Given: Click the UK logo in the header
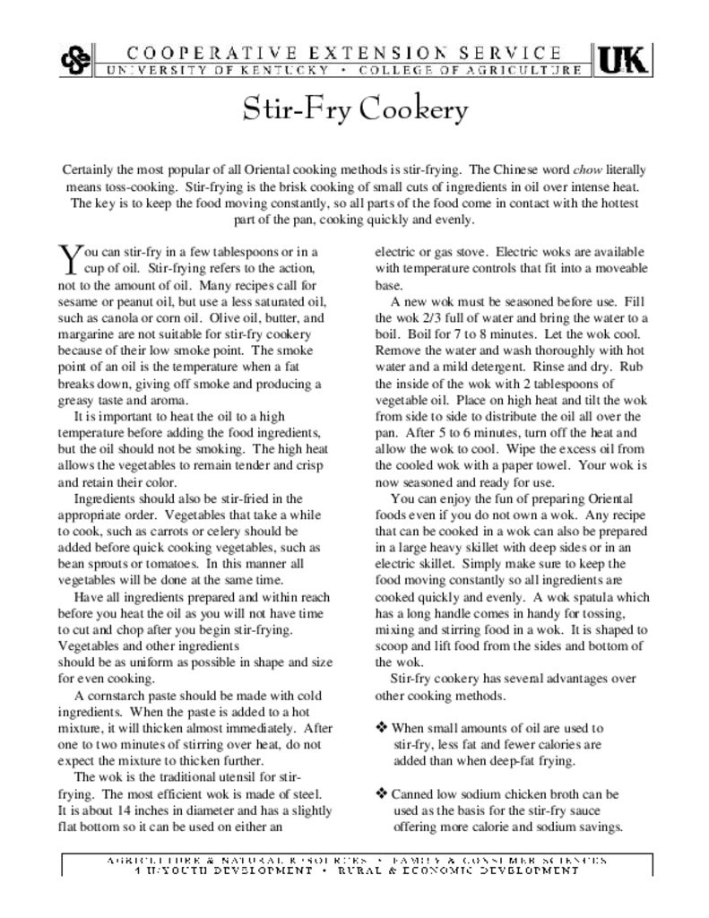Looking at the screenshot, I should coord(623,59).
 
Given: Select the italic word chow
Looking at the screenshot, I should coord(585,169).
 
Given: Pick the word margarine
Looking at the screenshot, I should coord(87,334).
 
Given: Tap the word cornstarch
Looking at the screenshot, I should coord(117,696).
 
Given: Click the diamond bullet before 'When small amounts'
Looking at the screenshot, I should coord(382,728).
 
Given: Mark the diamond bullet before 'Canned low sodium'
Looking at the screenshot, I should coord(382,793).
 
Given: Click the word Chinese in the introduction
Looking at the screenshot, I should coord(518,169).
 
